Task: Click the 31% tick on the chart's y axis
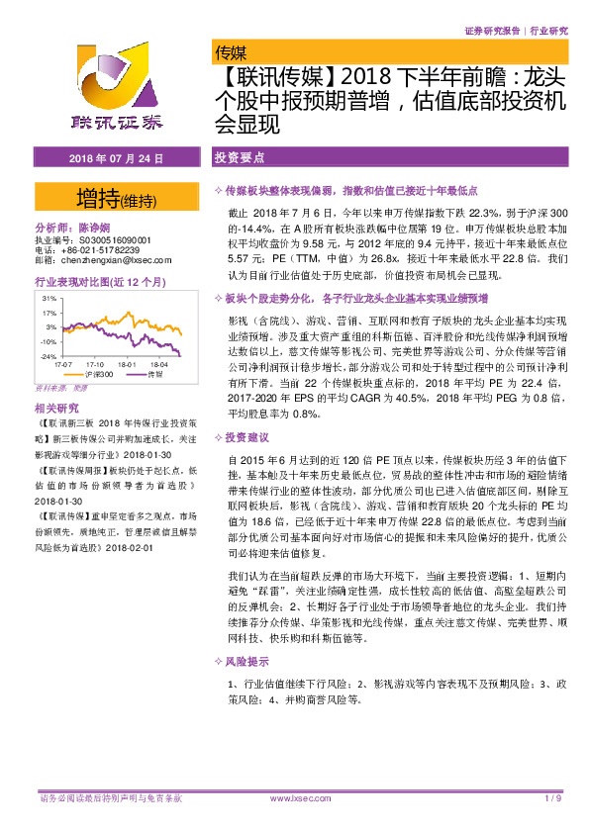(49, 297)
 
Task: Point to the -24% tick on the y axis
(47, 356)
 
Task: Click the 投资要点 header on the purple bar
(241, 157)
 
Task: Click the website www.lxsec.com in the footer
(297, 797)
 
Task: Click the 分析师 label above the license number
(55, 228)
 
